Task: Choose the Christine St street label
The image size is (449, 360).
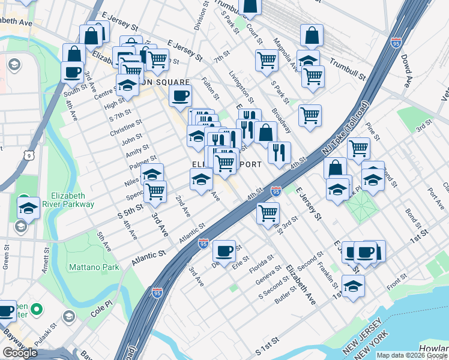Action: pos(126,127)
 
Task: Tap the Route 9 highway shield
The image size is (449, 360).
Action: pos(28,156)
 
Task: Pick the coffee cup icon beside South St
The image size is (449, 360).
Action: pos(72,73)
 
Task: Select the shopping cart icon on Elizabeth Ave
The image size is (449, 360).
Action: pos(268,212)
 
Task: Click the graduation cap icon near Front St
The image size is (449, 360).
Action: pos(353,286)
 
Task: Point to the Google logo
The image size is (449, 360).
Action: pos(20,352)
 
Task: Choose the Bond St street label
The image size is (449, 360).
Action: pos(412,214)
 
